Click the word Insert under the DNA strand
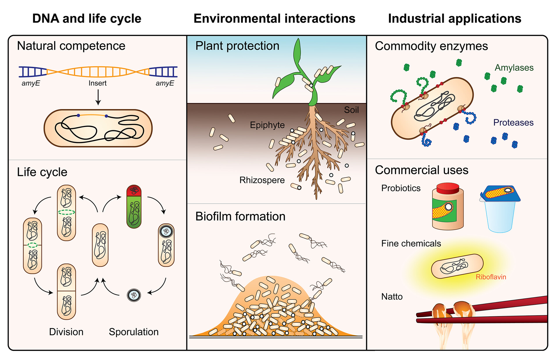97,83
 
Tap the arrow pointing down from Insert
98,97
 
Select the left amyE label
31,83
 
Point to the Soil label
351,110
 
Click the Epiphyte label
267,125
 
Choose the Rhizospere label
262,180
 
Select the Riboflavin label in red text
491,277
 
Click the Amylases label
514,68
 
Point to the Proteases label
513,123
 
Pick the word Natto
392,297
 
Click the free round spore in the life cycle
134,295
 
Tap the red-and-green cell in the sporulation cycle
134,206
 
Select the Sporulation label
134,332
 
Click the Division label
66,332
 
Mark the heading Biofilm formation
240,217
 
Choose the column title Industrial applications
455,19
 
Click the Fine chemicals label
411,244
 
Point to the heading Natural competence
71,46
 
